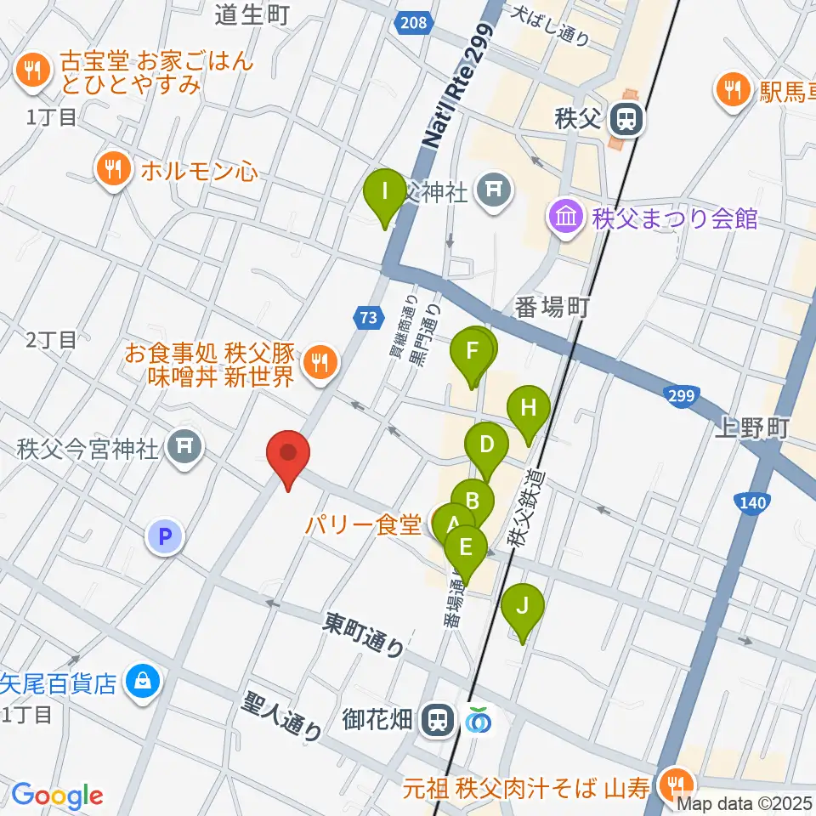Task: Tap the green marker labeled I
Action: [x=385, y=192]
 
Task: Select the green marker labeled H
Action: [x=529, y=408]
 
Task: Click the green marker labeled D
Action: [x=486, y=445]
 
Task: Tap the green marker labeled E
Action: [x=466, y=548]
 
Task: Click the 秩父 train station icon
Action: [x=628, y=119]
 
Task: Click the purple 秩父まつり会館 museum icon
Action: [x=564, y=218]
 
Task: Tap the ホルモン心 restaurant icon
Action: [x=112, y=171]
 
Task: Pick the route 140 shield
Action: [x=752, y=504]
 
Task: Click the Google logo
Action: [x=57, y=796]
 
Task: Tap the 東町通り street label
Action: [x=364, y=636]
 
